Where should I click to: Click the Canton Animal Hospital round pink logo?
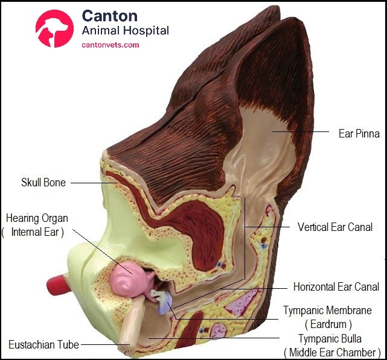click(55, 29)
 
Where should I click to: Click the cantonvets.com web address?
click(110, 45)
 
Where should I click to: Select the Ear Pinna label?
click(359, 133)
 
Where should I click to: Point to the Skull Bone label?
click(43, 182)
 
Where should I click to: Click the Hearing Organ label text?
click(37, 218)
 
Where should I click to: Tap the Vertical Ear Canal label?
click(334, 227)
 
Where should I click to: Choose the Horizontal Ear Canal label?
click(336, 287)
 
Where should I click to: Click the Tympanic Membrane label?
click(327, 311)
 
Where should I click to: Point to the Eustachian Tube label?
click(43, 345)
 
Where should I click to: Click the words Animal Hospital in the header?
click(125, 31)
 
